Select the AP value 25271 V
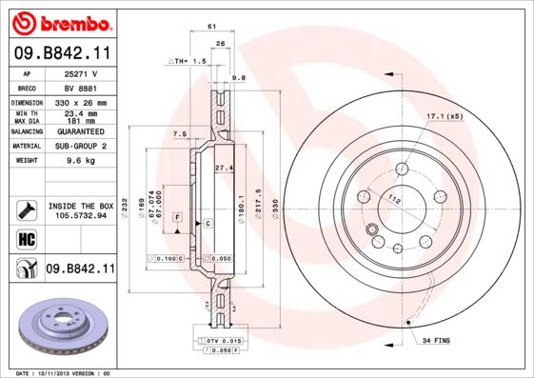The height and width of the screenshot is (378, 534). pos(80,73)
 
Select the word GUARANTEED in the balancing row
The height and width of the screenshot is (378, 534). pos(80,132)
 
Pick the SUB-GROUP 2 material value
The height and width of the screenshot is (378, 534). pos(80,147)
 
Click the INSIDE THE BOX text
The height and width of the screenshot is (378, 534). pos(81,206)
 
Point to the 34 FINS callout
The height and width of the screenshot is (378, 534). pos(434,341)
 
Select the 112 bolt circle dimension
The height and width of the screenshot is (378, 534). pos(394,199)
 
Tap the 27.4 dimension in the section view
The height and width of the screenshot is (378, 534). pos(225,168)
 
